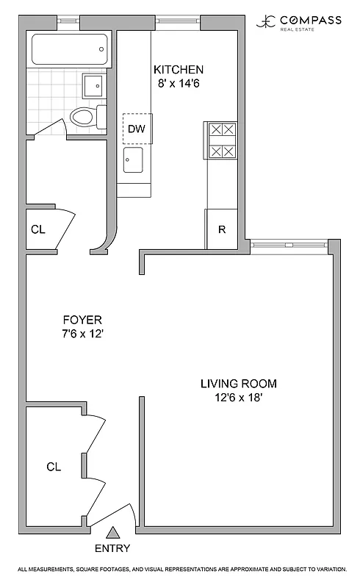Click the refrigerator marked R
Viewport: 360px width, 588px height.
coord(221,229)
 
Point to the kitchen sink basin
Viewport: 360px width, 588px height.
coord(133,158)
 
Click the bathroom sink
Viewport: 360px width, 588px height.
coord(93,87)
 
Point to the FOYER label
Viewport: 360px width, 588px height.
coord(82,320)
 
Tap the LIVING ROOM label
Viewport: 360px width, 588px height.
coord(239,384)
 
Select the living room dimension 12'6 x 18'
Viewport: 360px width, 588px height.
coord(239,398)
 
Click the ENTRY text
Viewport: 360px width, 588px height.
coord(112,548)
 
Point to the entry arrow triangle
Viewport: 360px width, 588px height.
coord(112,533)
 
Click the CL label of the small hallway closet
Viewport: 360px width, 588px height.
coord(38,229)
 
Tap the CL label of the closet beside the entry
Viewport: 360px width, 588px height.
coord(54,467)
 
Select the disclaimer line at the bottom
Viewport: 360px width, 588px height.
coord(180,570)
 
